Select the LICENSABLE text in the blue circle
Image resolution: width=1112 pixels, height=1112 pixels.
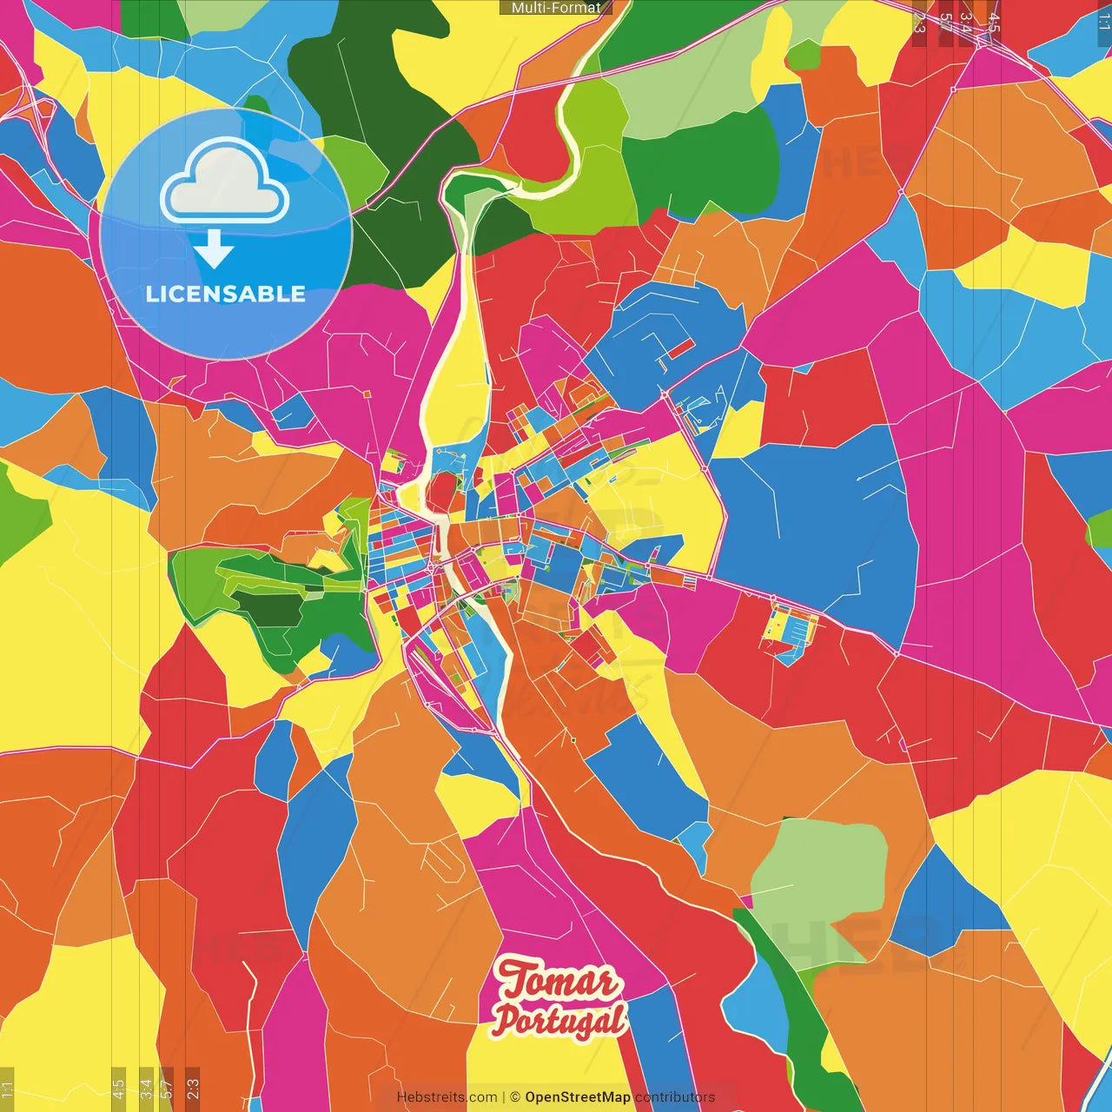tap(226, 294)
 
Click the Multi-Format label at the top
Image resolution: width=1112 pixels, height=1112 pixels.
tap(556, 8)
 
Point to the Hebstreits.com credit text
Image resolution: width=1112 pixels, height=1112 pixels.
tap(447, 1097)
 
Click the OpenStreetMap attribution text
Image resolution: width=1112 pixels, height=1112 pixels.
tap(577, 1097)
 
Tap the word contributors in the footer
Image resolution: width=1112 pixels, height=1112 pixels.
tap(675, 1097)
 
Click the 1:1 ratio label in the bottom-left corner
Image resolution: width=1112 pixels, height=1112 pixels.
tap(7, 1089)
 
